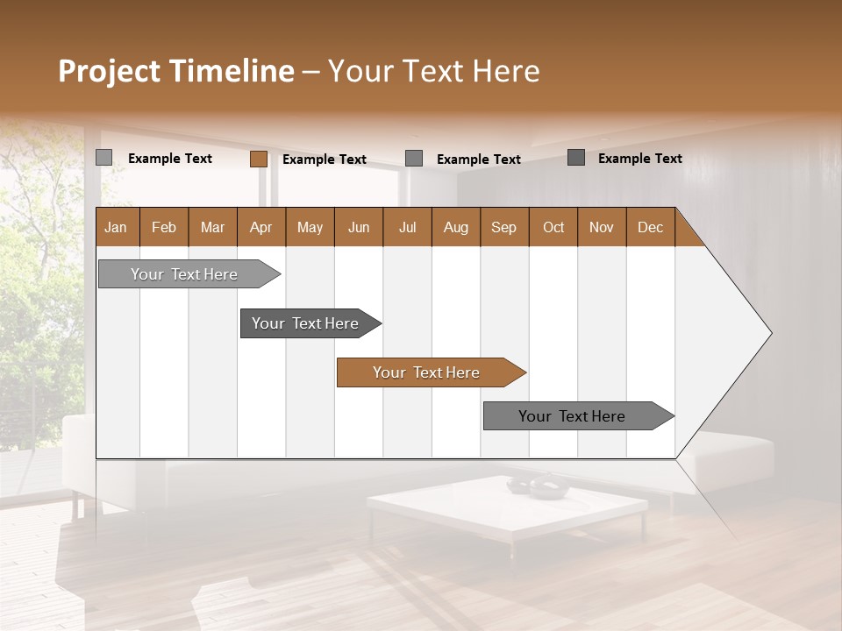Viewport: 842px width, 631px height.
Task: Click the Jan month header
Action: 116,227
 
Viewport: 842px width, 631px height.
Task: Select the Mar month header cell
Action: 212,227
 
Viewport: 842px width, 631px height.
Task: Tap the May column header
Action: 310,227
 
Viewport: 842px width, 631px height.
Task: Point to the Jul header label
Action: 407,227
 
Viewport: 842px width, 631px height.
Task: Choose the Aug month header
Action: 455,227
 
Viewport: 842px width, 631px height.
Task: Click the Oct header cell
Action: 553,227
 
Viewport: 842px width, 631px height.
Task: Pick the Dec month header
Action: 650,227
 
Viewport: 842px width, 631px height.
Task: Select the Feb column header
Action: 164,227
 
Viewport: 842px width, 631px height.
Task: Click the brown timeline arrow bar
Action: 430,372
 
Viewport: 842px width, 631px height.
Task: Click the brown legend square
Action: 258,159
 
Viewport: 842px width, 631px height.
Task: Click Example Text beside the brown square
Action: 324,160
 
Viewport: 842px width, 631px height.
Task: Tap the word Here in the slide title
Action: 505,71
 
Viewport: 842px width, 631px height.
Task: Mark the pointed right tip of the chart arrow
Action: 770,332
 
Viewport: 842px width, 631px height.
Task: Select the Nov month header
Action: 601,227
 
